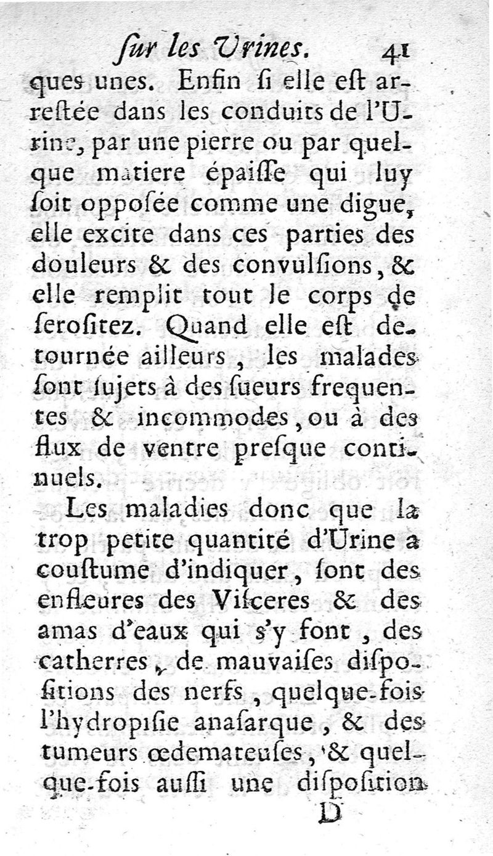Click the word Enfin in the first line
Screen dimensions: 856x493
(203, 83)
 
